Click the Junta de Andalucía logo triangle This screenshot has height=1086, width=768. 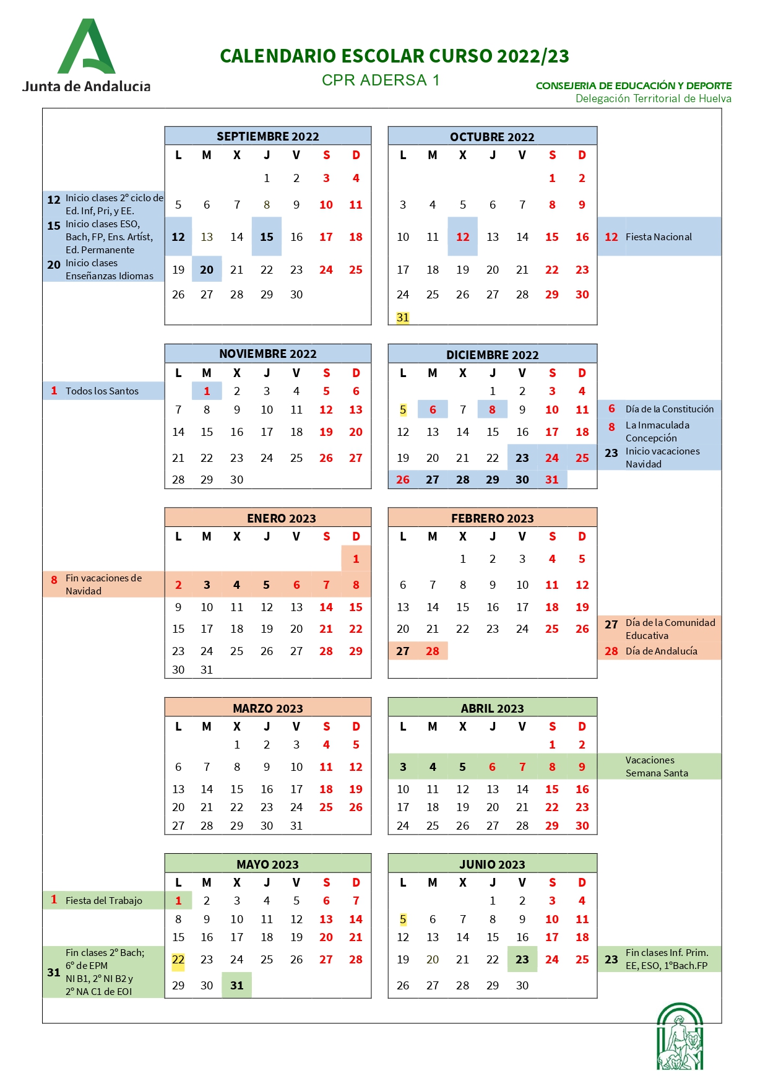pyautogui.click(x=87, y=47)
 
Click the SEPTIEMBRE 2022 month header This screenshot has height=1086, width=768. pyautogui.click(x=267, y=136)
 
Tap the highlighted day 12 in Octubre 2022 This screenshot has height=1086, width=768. pyautogui.click(x=462, y=237)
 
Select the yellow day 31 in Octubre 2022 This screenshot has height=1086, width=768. pyautogui.click(x=403, y=318)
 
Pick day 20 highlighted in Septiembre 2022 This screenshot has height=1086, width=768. pyautogui.click(x=207, y=270)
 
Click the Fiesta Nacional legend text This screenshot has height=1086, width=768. pyautogui.click(x=658, y=237)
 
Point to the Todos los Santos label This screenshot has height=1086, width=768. pyautogui.click(x=102, y=391)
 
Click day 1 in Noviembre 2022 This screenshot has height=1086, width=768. pyautogui.click(x=207, y=391)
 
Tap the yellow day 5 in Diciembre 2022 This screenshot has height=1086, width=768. pyautogui.click(x=403, y=410)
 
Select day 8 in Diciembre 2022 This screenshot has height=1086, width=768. pyautogui.click(x=493, y=410)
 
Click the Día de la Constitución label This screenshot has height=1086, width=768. pyautogui.click(x=669, y=409)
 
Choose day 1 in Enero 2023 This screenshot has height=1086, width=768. pyautogui.click(x=356, y=559)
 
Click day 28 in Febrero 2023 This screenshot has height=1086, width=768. pyautogui.click(x=433, y=651)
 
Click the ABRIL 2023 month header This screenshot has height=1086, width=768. pyautogui.click(x=492, y=708)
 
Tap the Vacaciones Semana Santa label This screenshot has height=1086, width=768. pyautogui.click(x=657, y=767)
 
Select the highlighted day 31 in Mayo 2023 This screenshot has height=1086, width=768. pyautogui.click(x=237, y=986)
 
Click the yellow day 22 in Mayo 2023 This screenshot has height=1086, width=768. pyautogui.click(x=178, y=960)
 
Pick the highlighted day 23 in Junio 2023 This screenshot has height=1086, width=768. pyautogui.click(x=522, y=960)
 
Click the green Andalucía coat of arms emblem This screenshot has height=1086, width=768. pyautogui.click(x=680, y=1036)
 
